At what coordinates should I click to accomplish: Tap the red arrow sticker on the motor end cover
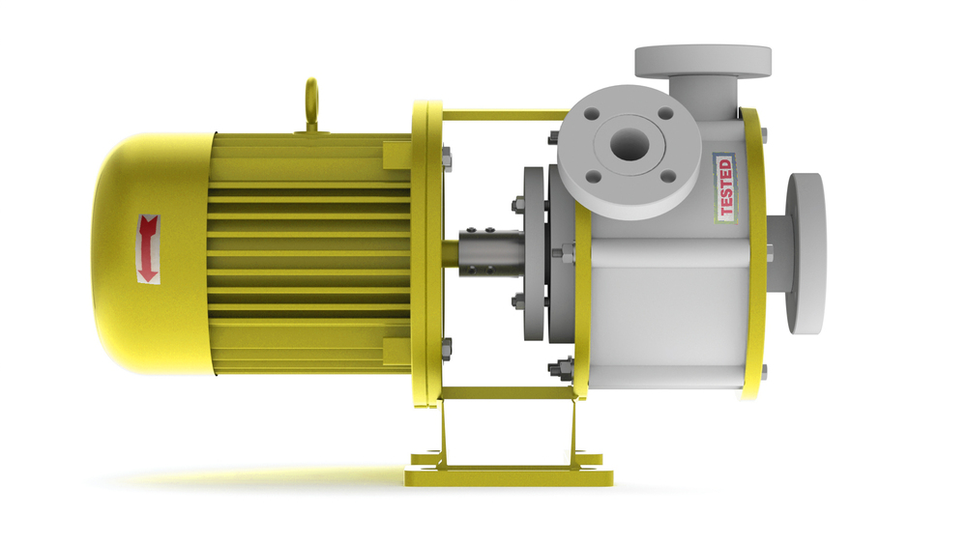(x=148, y=249)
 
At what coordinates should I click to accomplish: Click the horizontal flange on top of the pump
(x=702, y=60)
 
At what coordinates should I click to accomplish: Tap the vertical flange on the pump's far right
(x=805, y=253)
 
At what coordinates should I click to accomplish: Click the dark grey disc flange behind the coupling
(x=533, y=254)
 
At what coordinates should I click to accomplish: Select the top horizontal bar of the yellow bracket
(x=503, y=115)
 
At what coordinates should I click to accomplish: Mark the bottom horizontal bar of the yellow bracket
(x=503, y=393)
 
